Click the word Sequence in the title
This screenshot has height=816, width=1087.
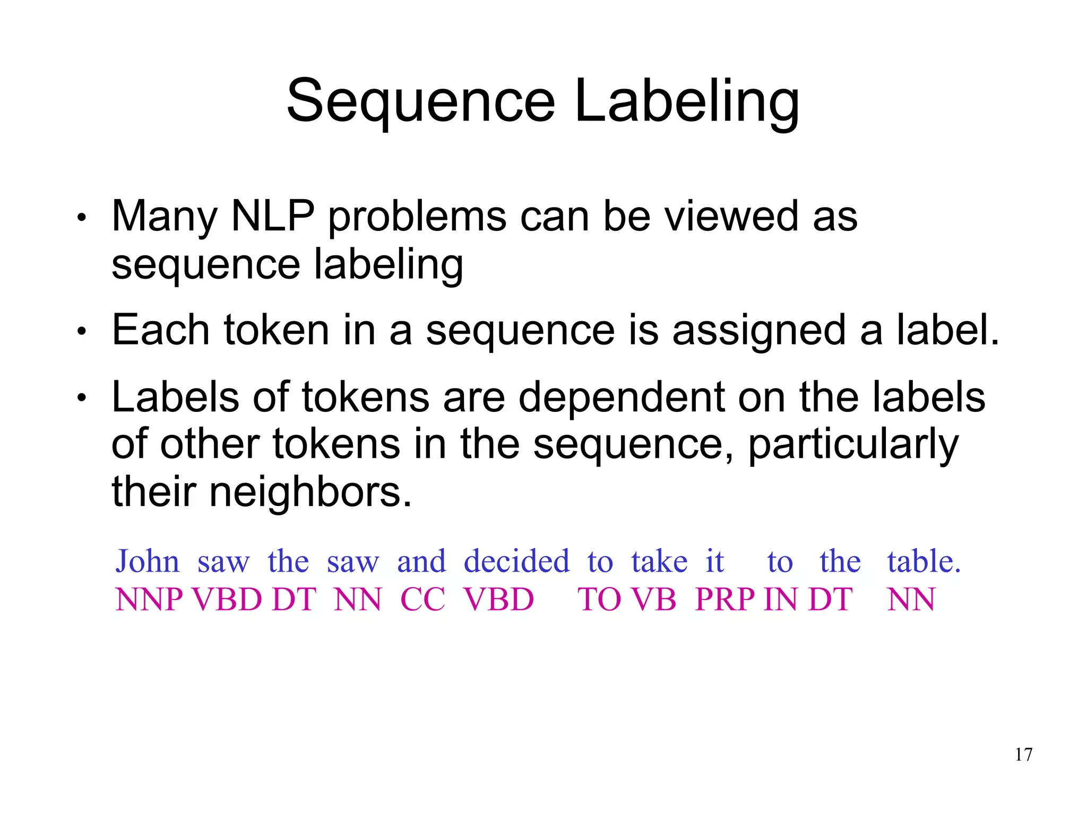(420, 101)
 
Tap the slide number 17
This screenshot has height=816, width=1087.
(1024, 754)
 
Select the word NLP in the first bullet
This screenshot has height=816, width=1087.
(273, 216)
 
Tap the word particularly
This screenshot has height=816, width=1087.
(853, 445)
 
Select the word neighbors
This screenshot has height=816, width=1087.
(311, 492)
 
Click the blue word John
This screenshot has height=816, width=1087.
(148, 561)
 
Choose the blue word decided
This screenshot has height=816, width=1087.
(516, 561)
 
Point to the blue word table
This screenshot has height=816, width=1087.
(924, 561)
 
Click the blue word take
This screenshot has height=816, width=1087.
(659, 561)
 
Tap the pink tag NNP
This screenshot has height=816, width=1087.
(149, 600)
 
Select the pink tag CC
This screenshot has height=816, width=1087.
(422, 600)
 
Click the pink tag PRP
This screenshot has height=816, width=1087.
(724, 600)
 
